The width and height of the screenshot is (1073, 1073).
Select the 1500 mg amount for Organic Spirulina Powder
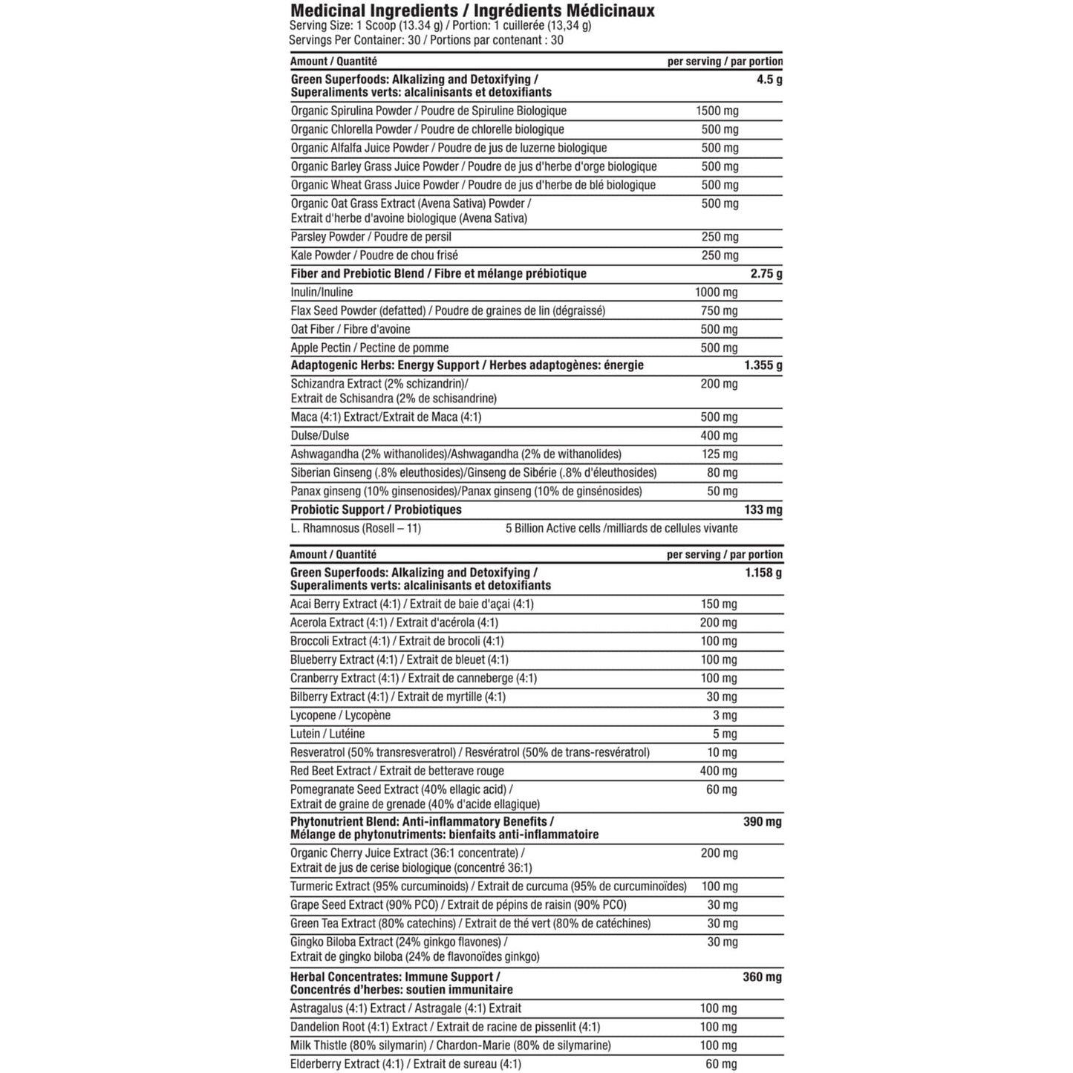coord(717,111)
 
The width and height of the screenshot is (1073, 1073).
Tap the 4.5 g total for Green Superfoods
coord(769,79)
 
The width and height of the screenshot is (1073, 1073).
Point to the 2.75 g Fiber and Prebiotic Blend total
coord(766,273)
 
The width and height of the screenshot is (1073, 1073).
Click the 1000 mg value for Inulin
coord(717,292)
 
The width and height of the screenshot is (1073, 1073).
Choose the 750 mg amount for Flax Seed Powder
coord(720,310)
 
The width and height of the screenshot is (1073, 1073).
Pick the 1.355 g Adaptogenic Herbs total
coord(763,365)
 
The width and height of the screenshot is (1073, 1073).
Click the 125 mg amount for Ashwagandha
coord(720,454)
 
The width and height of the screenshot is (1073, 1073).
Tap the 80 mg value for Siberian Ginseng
coord(723,472)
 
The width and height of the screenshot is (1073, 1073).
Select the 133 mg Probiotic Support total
coord(763,509)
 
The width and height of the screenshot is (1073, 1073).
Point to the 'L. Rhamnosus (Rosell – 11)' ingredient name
coord(356,529)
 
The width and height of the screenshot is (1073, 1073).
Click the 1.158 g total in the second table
coord(763,573)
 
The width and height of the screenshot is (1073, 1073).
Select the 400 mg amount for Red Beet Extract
coord(719,771)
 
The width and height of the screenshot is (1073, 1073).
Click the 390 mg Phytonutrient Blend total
coord(763,821)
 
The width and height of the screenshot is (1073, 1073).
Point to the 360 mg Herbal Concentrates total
coord(763,976)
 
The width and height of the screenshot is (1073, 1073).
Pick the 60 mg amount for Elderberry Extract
coord(721,1064)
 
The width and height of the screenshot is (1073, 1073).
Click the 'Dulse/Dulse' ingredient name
coord(320,435)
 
